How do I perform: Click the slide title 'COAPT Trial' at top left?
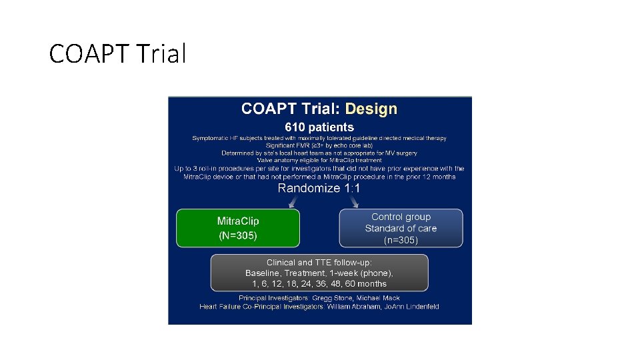[x=117, y=54]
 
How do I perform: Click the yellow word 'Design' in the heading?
[x=371, y=109]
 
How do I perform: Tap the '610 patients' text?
[x=319, y=127]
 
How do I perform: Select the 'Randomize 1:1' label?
[x=319, y=188]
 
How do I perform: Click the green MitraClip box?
[x=238, y=228]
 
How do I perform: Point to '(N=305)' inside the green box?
[x=238, y=235]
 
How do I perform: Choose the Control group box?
[x=401, y=228]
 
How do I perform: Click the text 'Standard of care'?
[x=401, y=228]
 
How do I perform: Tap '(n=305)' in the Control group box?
[x=401, y=240]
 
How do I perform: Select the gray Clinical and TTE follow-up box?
[x=319, y=273]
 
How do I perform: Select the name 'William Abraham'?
[x=357, y=307]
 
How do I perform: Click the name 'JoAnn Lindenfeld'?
[x=414, y=307]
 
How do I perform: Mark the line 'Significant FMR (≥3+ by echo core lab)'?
[x=319, y=145]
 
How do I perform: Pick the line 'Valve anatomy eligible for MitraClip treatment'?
[x=319, y=160]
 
